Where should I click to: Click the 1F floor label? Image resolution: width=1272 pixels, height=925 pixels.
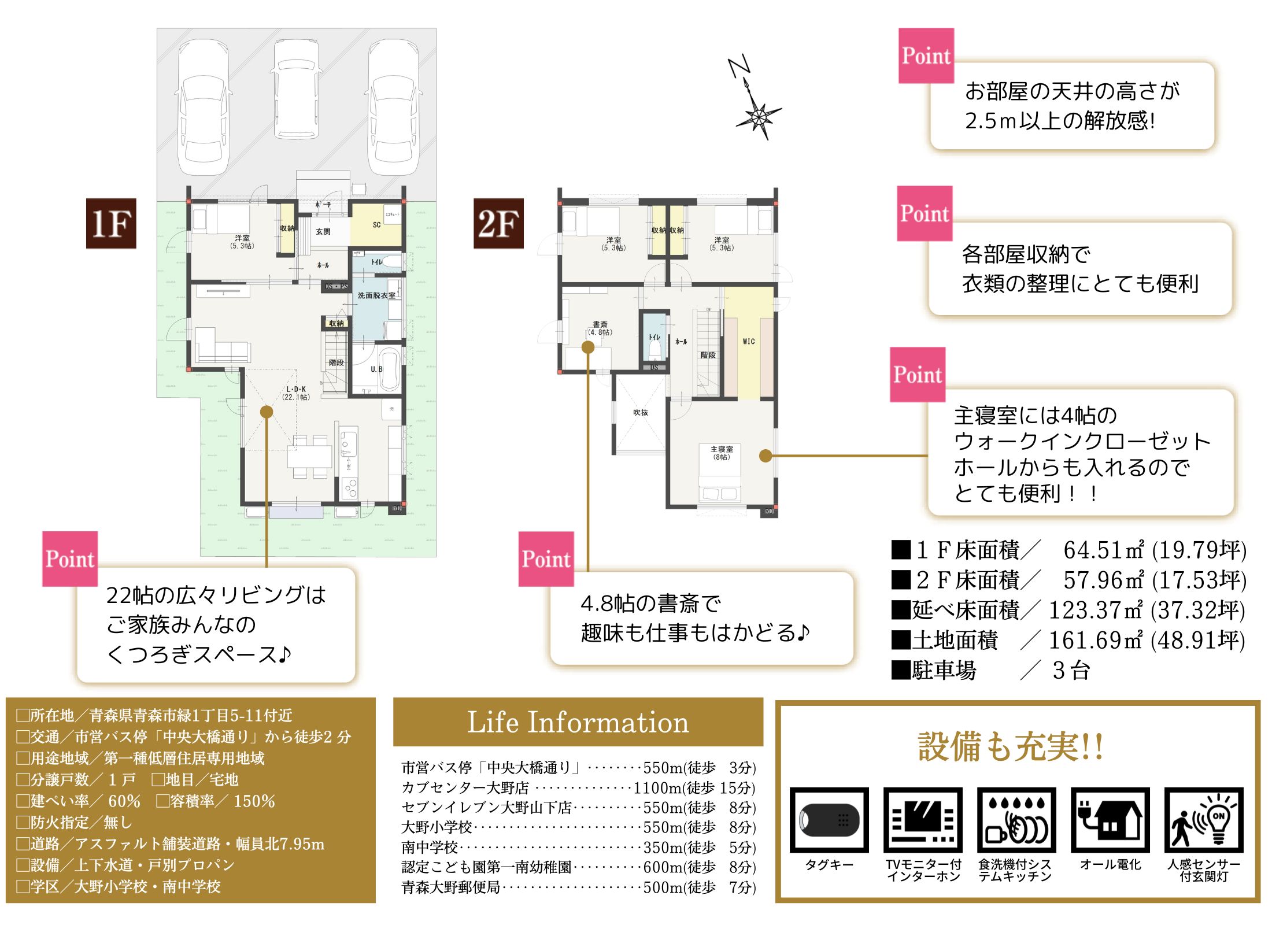coord(111,224)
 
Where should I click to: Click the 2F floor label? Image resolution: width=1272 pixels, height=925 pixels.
coord(498,224)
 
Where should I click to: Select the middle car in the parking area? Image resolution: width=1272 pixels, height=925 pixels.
coord(296,90)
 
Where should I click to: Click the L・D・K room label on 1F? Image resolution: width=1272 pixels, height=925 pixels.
coord(296,393)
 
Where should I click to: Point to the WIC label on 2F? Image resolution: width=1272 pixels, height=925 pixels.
coord(749,342)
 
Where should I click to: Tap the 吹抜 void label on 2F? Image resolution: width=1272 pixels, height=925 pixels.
coord(641,413)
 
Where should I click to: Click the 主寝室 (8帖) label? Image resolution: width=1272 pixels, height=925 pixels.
coord(722,453)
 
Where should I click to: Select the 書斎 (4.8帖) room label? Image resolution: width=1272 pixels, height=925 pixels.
coord(600,328)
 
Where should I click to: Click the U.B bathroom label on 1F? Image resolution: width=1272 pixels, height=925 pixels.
coord(376,369)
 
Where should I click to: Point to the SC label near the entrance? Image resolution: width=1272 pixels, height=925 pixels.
coord(376,225)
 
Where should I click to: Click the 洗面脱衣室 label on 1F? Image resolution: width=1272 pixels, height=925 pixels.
coord(376,295)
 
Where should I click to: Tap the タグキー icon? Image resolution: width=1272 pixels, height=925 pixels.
coord(829,820)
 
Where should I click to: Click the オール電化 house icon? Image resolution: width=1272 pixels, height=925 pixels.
coord(1110,820)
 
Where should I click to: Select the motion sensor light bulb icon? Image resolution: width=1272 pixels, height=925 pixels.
coord(1204,820)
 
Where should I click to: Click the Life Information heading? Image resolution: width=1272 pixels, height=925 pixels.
coord(578,723)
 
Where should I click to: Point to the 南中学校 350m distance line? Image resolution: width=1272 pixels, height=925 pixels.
coord(578,848)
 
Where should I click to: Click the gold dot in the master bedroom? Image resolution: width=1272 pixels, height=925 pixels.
coord(766,456)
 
